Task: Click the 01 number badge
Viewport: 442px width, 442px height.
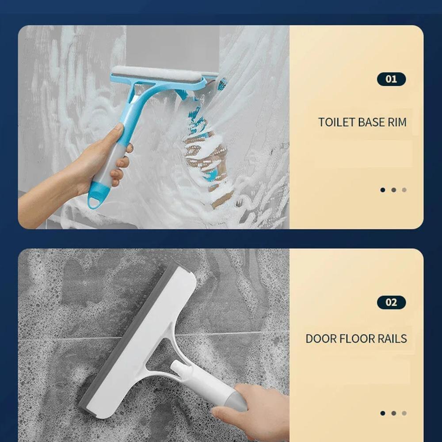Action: coord(391,79)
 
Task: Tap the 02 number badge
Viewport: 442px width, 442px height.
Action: coord(391,302)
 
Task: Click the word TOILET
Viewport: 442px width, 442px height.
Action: coord(336,122)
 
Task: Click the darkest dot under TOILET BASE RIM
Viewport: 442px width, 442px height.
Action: coord(382,190)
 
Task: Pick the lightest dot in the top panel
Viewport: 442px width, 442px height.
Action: coord(404,190)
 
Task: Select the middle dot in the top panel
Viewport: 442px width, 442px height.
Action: coord(393,190)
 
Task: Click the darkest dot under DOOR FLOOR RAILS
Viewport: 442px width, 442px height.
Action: coord(382,413)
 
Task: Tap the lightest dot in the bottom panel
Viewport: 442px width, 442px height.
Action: coord(404,413)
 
